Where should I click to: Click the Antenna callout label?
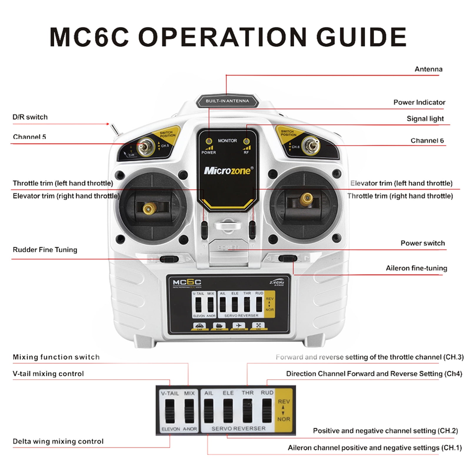[x=428, y=69]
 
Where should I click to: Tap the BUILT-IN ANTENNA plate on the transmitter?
[x=227, y=101]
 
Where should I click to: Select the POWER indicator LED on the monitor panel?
[x=209, y=141]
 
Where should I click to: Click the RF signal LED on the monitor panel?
[x=247, y=142]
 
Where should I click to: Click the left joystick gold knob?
[x=148, y=209]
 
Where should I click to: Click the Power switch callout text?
[x=422, y=243]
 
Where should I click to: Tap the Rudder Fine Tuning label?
[x=45, y=250]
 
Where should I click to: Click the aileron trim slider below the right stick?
[x=287, y=259]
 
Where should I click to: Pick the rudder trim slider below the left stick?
[x=169, y=259]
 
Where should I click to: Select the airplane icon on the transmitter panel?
[x=239, y=325]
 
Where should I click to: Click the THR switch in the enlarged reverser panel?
[x=247, y=410]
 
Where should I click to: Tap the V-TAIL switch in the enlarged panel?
[x=170, y=411]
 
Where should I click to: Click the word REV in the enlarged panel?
[x=284, y=402]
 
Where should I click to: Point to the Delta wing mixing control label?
[x=58, y=441]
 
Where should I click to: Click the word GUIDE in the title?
[x=361, y=37]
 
